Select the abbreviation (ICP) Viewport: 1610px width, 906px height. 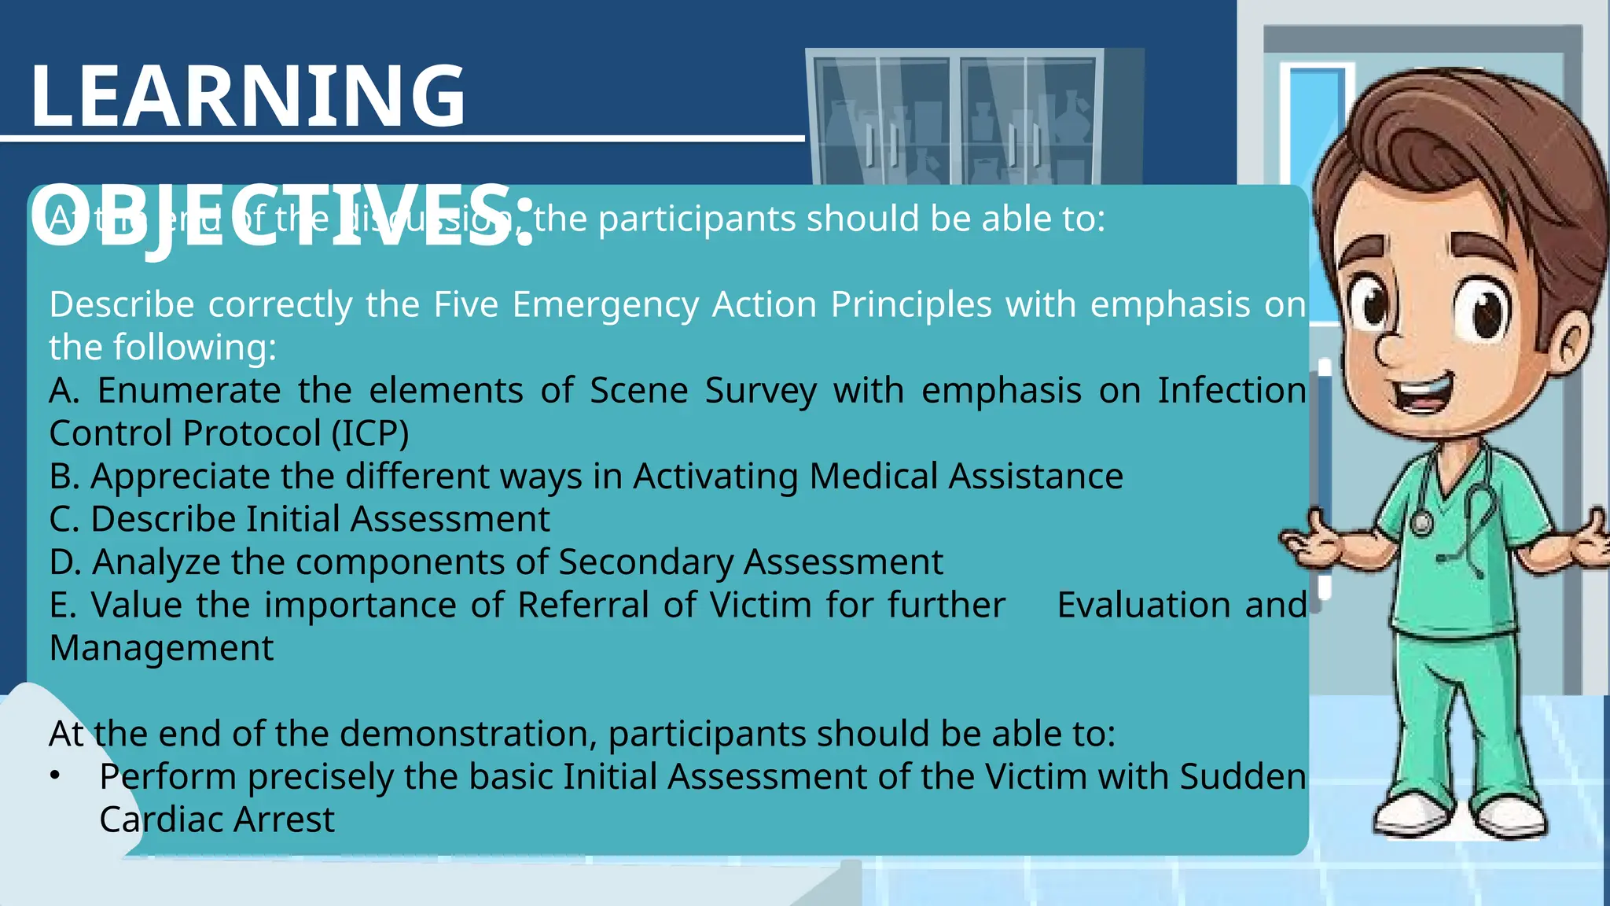(x=369, y=433)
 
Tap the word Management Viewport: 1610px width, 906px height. (x=161, y=648)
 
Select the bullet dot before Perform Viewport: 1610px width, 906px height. (x=54, y=775)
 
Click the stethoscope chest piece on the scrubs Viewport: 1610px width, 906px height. (x=1421, y=523)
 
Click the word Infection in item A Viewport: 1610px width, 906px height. (x=1231, y=391)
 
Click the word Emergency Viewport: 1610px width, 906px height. (x=605, y=305)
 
